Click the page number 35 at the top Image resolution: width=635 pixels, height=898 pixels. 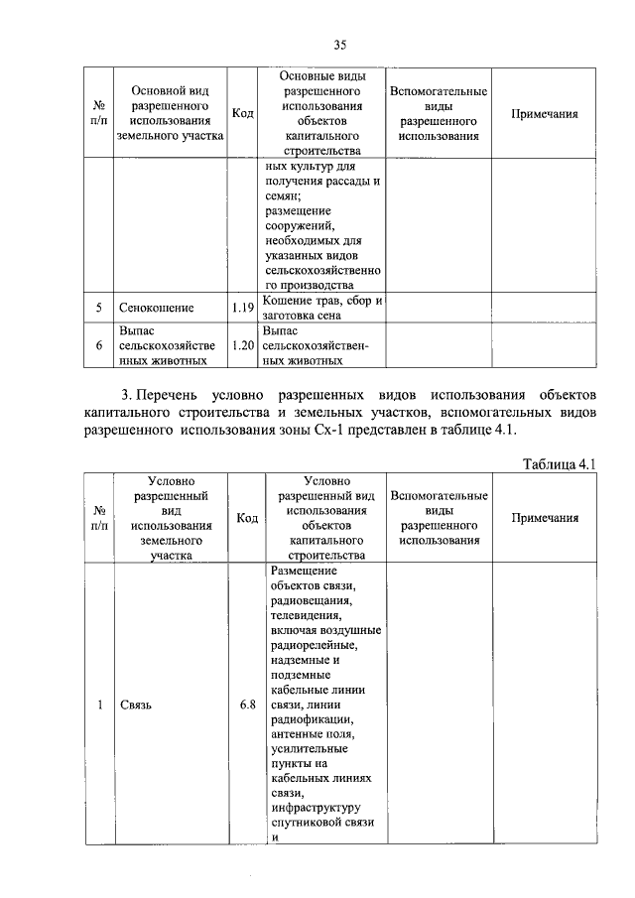pos(339,45)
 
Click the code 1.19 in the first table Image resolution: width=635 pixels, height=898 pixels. pos(243,309)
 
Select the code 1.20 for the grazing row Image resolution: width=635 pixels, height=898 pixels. pos(243,345)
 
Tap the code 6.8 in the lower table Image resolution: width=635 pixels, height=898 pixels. pos(247,706)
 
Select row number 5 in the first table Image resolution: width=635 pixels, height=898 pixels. pos(99,309)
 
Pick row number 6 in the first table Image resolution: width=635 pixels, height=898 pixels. pos(99,345)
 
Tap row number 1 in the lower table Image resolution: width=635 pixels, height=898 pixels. pos(99,706)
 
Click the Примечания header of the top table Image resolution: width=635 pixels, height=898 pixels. pos(544,114)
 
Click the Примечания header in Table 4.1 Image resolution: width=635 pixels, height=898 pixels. pos(544,518)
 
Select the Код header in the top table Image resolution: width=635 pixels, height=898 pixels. pos(243,114)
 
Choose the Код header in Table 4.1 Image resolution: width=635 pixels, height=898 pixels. pos(247,518)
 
